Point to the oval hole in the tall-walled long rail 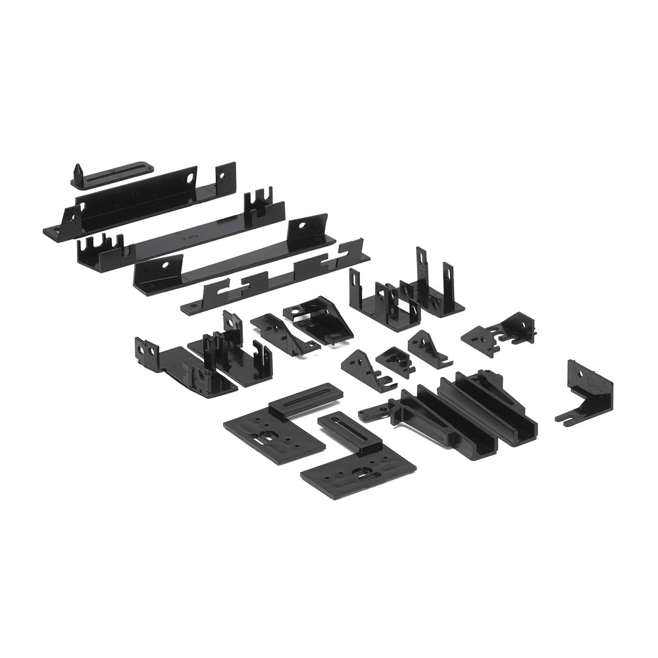tap(190, 177)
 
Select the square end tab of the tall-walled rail tap(225, 178)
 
